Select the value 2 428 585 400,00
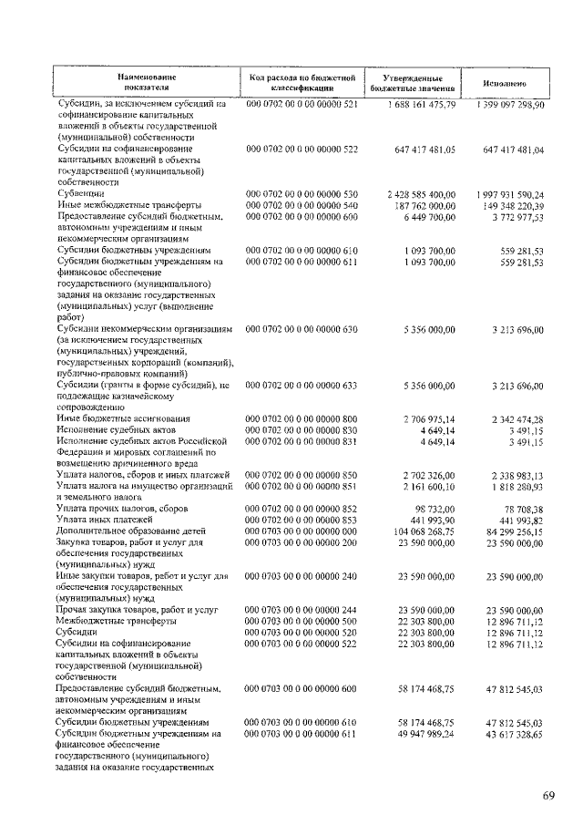[419, 194]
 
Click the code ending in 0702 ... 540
[302, 205]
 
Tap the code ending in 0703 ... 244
[302, 606]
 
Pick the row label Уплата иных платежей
[103, 518]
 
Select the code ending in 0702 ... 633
[302, 385]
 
